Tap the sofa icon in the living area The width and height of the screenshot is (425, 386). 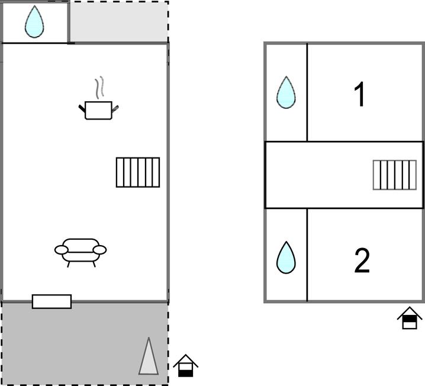click(x=81, y=253)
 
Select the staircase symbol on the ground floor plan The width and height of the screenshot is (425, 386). click(x=138, y=172)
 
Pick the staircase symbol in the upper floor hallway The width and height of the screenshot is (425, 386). click(x=395, y=175)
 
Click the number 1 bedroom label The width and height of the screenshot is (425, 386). click(x=360, y=94)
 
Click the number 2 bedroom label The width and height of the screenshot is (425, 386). click(x=362, y=260)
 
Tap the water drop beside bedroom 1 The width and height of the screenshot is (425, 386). click(x=286, y=92)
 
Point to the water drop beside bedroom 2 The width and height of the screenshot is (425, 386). click(x=286, y=258)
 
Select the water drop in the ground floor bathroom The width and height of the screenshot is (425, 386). click(x=34, y=22)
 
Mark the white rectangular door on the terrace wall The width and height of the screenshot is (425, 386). click(x=51, y=301)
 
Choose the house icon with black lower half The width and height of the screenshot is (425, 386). click(x=186, y=366)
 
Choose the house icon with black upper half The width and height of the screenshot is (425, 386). click(x=410, y=318)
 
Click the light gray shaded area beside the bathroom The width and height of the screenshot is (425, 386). click(x=119, y=22)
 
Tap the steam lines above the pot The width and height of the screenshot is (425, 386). click(x=99, y=87)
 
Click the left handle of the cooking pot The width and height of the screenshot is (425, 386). click(x=82, y=108)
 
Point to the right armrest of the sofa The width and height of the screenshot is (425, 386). click(x=99, y=250)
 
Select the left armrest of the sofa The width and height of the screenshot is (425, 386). click(x=62, y=250)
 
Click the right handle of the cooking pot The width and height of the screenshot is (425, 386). click(x=115, y=108)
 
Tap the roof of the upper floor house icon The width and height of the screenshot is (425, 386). click(x=410, y=312)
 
